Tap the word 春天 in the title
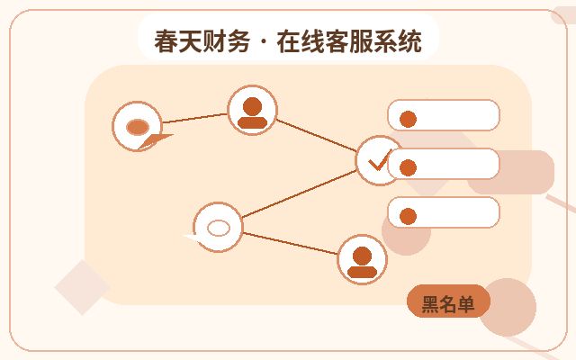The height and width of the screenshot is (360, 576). tap(178, 41)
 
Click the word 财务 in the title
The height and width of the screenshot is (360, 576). tap(226, 41)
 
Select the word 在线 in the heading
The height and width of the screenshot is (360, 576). tap(301, 41)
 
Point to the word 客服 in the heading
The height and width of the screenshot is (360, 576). tap(349, 41)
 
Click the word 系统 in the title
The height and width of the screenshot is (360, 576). tap(398, 41)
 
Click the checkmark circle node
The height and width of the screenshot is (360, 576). tap(378, 160)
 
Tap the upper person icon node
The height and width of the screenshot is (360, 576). tap(252, 110)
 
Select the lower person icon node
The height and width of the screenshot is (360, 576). tap(362, 259)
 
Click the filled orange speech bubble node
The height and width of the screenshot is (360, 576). tap(138, 126)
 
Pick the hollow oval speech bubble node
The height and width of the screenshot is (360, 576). tap(218, 227)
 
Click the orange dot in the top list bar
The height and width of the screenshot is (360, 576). tap(408, 119)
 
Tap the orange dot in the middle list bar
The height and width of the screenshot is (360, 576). tap(408, 167)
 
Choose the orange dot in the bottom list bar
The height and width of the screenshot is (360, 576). tap(408, 216)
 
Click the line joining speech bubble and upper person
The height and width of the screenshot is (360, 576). tap(195, 118)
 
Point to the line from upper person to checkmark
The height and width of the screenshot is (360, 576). tap(316, 135)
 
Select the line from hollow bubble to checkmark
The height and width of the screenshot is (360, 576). tap(299, 194)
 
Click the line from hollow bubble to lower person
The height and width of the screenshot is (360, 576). tap(290, 243)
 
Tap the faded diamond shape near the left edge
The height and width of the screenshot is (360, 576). tap(82, 287)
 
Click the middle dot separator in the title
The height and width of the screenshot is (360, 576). tap(264, 42)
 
